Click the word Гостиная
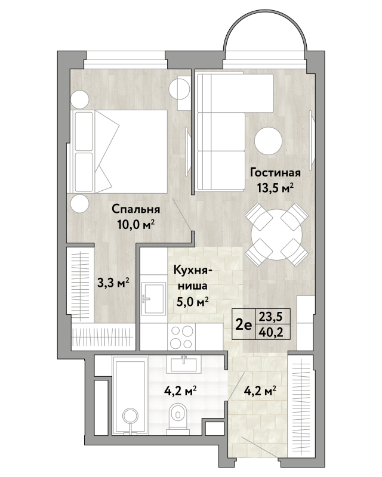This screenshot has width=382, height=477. pyautogui.click(x=275, y=173)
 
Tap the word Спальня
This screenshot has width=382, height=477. pyautogui.click(x=135, y=209)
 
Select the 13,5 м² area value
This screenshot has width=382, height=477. pyautogui.click(x=275, y=188)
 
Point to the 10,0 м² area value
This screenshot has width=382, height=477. pyautogui.click(x=135, y=225)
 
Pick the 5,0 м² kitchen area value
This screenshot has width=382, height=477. pyautogui.click(x=193, y=302)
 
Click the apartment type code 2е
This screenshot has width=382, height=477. pyautogui.click(x=244, y=325)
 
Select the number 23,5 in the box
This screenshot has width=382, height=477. pyautogui.click(x=270, y=317)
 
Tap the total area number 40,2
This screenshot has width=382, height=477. pyautogui.click(x=270, y=332)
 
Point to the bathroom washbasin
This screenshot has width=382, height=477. pyautogui.click(x=184, y=364)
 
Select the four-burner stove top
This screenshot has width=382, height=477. pyautogui.click(x=182, y=336)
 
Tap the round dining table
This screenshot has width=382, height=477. pyautogui.click(x=276, y=234)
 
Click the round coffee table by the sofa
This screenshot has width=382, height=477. pyautogui.click(x=269, y=141)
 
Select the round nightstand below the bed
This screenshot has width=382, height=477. pyautogui.click(x=80, y=204)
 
